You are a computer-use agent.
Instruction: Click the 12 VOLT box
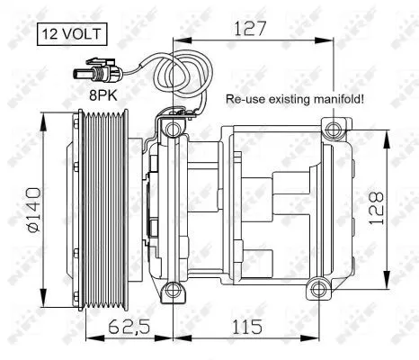[71, 36]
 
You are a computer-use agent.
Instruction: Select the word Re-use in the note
[244, 101]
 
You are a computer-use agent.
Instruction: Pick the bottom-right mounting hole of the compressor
[316, 289]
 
